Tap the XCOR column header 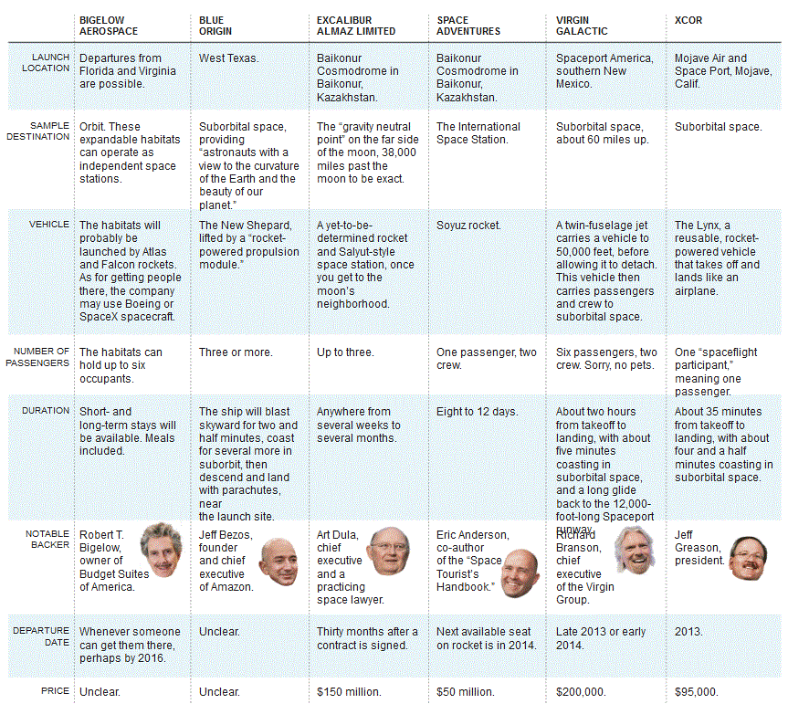[688, 19]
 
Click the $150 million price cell [349, 691]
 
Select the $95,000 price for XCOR [696, 691]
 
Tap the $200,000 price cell [581, 691]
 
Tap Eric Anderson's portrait [520, 572]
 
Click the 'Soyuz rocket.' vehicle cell [468, 225]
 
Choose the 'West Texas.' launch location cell [228, 58]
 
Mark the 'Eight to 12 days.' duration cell [477, 412]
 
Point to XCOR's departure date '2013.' [688, 631]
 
